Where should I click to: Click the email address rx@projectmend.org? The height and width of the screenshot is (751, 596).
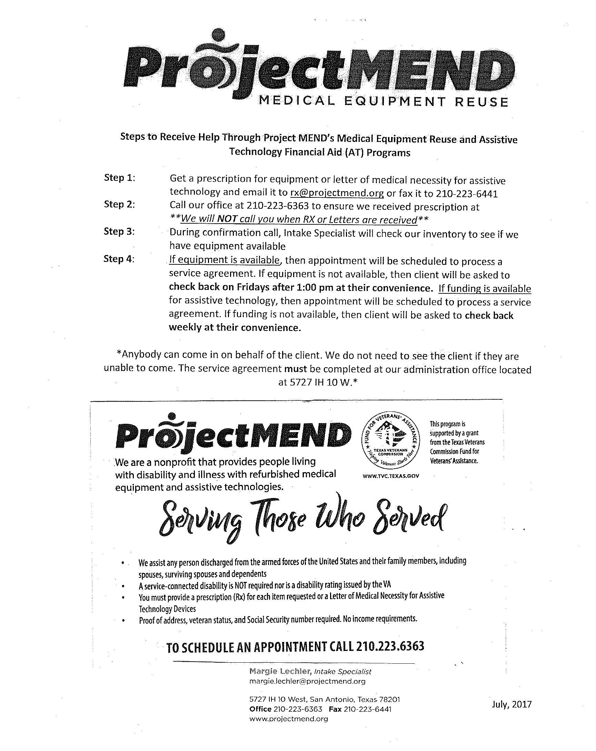pos(337,193)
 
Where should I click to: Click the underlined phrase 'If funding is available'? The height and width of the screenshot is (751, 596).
pos(484,289)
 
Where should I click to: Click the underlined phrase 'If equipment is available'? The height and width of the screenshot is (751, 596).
pos(225,260)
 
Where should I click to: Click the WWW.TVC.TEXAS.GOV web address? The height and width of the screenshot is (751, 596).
pos(390,476)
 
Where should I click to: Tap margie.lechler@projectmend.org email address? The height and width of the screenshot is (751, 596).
pos(307,681)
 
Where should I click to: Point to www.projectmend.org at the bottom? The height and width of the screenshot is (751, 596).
pos(289,719)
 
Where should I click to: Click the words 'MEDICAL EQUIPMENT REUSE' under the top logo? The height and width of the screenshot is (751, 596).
pos(383,102)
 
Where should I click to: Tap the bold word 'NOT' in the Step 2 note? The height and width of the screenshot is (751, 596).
pos(227,220)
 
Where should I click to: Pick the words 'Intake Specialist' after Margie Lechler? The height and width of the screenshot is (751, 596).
pos(342,671)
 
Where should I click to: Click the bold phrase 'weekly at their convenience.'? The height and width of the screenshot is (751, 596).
pos(235,328)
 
